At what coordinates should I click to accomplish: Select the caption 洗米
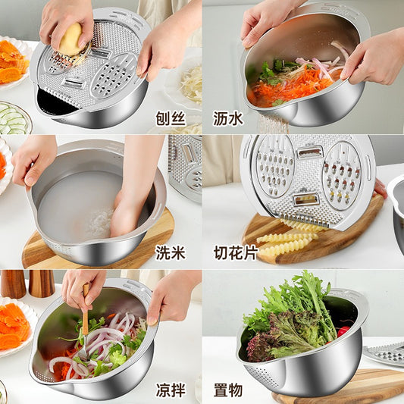pos(170,252)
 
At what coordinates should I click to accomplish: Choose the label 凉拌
pos(170,387)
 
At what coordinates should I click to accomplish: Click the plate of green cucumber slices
pos(13,118)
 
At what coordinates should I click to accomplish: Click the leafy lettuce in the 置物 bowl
pos(292,315)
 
